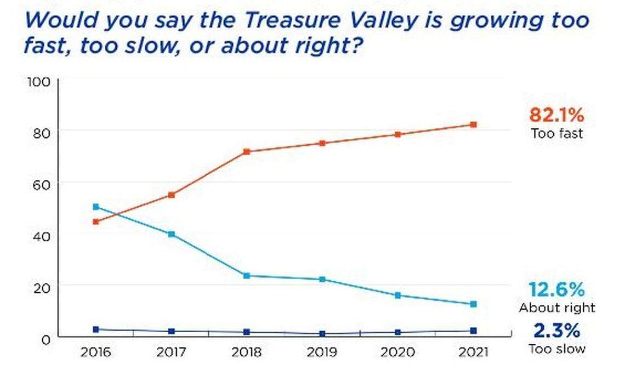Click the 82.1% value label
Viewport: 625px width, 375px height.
point(556,116)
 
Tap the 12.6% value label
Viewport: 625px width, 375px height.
point(556,289)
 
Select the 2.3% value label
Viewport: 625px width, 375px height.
point(556,331)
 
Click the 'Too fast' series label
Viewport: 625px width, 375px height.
point(556,133)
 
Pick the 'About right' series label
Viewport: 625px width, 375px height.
point(557,308)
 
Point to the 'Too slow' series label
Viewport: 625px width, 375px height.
point(557,349)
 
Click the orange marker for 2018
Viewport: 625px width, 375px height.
point(247,152)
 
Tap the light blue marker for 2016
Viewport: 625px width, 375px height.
point(96,207)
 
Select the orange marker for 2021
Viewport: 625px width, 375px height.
point(473,124)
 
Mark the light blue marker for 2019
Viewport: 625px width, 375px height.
point(322,280)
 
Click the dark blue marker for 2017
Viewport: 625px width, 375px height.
point(172,332)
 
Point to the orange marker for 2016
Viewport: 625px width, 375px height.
point(96,222)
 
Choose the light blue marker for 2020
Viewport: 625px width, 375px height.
point(397,296)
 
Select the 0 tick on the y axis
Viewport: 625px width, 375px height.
point(46,339)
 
